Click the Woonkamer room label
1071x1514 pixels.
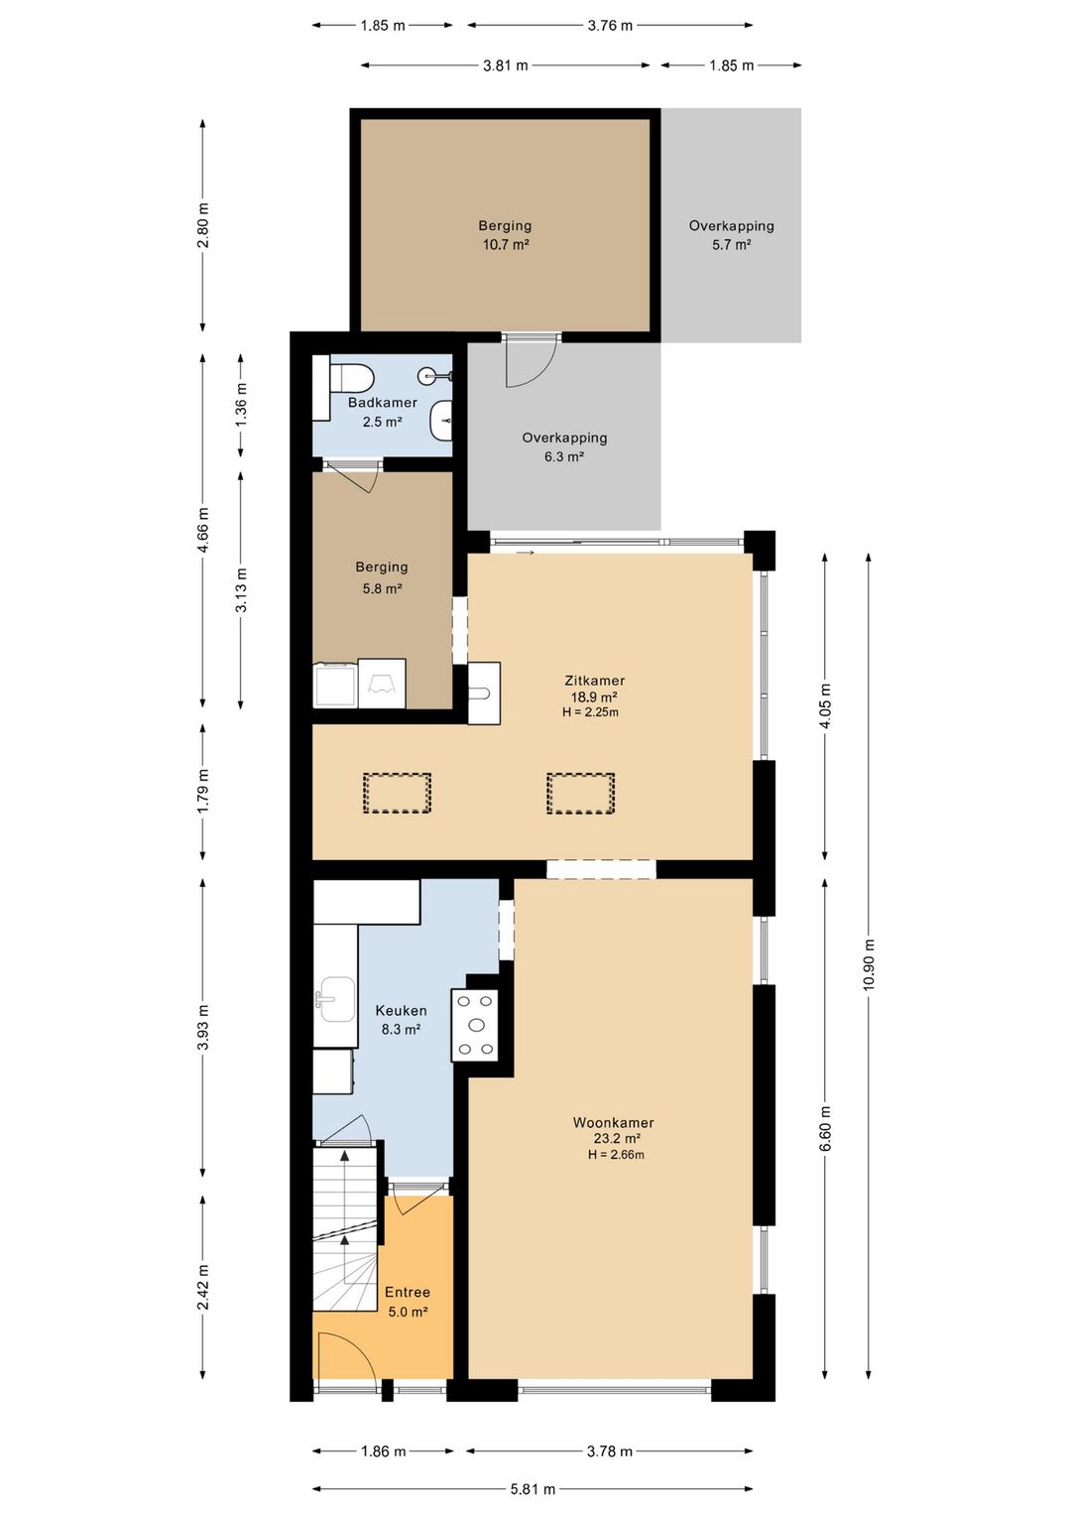pyautogui.click(x=614, y=1123)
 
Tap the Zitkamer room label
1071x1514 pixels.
pyautogui.click(x=595, y=681)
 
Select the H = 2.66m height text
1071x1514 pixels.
pyautogui.click(x=616, y=1155)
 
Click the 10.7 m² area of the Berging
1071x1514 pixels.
pyautogui.click(x=506, y=245)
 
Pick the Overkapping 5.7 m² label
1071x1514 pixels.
pyautogui.click(x=732, y=235)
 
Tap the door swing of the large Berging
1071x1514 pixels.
pyautogui.click(x=532, y=360)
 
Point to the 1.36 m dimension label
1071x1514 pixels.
pyautogui.click(x=241, y=404)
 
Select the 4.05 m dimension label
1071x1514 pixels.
pyautogui.click(x=825, y=705)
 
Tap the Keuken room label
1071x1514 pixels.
pyautogui.click(x=402, y=1010)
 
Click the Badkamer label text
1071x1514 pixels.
pyautogui.click(x=383, y=403)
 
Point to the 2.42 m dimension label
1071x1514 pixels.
pyautogui.click(x=202, y=1286)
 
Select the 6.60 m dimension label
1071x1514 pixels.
pyautogui.click(x=825, y=1129)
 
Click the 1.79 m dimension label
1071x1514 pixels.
pyautogui.click(x=202, y=792)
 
